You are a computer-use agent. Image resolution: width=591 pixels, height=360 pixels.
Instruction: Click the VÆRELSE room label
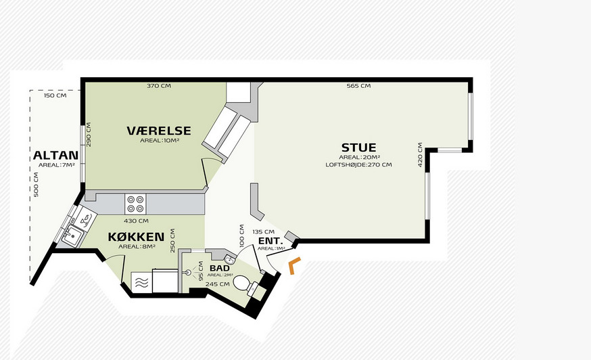(159, 131)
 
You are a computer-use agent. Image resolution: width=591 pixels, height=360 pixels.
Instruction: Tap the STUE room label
(359, 147)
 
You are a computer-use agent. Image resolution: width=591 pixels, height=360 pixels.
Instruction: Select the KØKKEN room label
(136, 237)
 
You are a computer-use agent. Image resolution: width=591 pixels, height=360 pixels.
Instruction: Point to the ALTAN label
(55, 155)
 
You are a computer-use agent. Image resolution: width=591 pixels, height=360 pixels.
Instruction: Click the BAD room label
(220, 268)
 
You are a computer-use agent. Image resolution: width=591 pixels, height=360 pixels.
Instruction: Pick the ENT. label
(270, 241)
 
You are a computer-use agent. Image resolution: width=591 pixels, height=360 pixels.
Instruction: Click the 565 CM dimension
(358, 86)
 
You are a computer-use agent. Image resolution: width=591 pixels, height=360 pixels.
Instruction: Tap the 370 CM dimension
(159, 86)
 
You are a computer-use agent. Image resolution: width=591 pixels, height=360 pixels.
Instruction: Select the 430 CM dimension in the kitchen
(136, 221)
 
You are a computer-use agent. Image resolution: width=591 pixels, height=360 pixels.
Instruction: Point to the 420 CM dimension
(420, 154)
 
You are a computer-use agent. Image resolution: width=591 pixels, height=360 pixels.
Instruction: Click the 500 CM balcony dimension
(37, 185)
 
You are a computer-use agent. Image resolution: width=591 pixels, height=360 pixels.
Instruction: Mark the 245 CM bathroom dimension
(218, 284)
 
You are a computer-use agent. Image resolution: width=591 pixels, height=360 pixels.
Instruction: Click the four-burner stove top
(136, 204)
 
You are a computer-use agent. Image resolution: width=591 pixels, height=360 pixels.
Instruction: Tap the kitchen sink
(72, 237)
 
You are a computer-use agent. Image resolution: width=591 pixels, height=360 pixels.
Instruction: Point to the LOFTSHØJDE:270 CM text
(358, 164)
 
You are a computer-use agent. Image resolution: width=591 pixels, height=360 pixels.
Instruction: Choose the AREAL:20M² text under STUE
(359, 158)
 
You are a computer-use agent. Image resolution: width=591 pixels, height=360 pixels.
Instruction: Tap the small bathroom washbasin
(230, 260)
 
